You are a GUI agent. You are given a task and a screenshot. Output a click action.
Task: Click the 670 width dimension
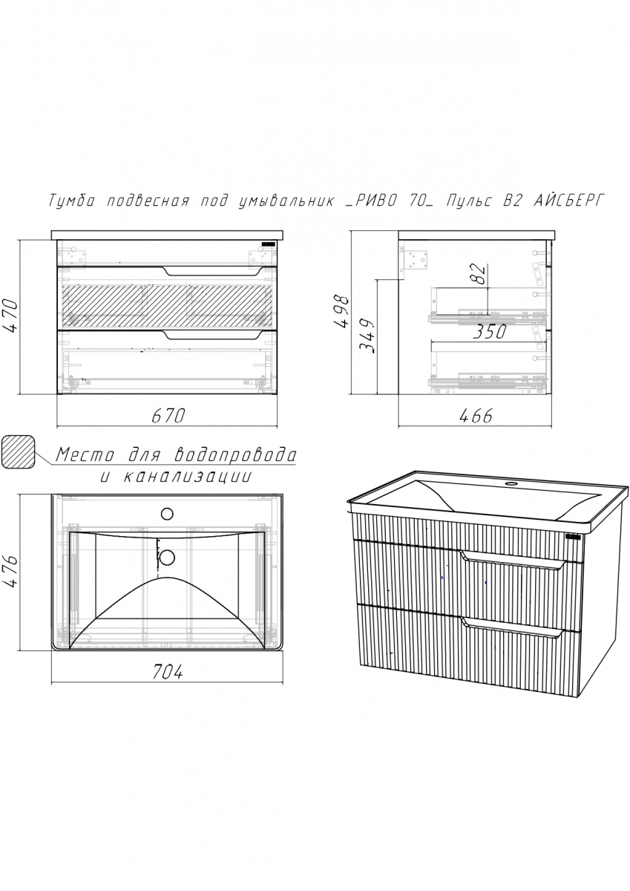[168, 416]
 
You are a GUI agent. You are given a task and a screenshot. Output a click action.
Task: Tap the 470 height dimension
[10, 317]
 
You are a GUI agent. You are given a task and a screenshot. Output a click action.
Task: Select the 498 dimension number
[341, 311]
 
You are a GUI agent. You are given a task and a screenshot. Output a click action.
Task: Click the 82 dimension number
[480, 274]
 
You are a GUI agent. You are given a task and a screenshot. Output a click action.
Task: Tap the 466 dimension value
[476, 416]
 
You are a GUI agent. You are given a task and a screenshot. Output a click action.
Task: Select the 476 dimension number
[10, 572]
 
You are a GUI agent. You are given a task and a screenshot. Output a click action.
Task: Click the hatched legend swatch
[19, 452]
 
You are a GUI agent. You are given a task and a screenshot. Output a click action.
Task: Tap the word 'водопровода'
[235, 454]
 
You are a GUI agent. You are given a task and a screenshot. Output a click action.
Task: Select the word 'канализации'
[188, 476]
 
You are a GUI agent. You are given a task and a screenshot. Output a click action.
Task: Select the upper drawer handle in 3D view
[513, 561]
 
